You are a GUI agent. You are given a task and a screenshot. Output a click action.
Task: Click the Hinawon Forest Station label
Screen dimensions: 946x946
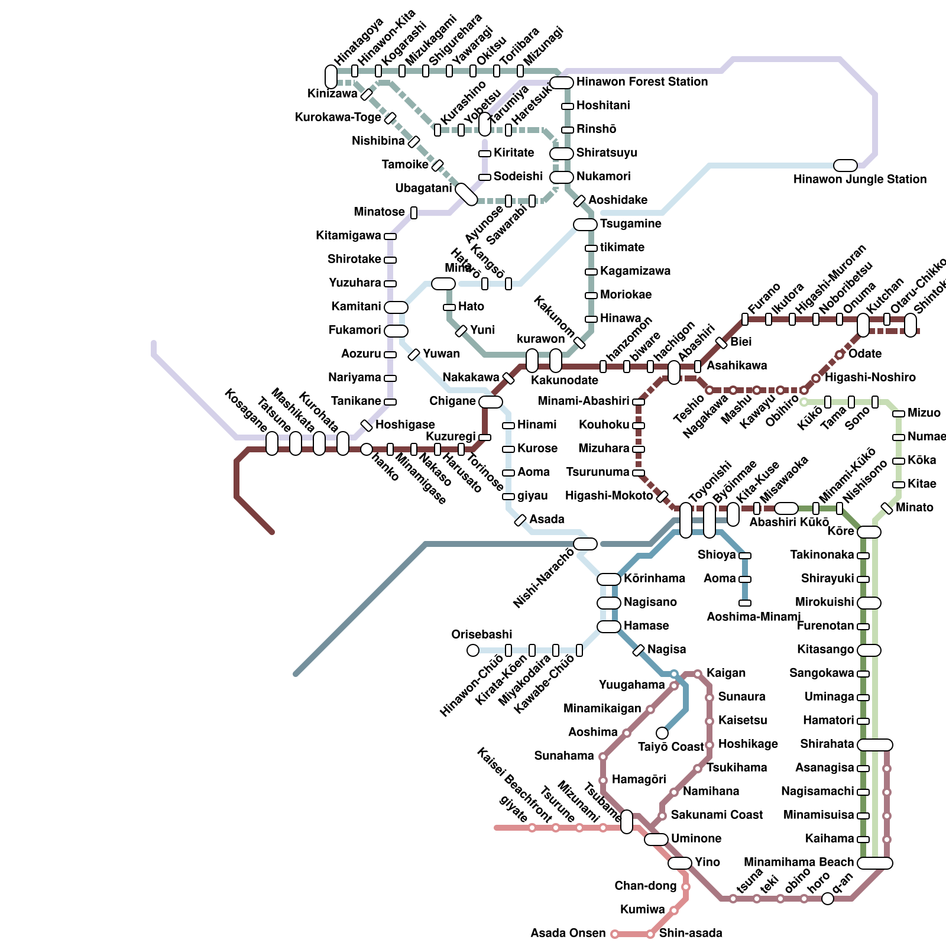tap(642, 82)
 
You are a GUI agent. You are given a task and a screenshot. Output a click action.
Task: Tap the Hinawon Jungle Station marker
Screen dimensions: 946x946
tap(845, 166)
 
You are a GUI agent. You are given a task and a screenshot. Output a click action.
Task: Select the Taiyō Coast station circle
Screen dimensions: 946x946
tap(662, 733)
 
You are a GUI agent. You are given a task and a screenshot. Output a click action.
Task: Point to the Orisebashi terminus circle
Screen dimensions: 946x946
tap(473, 650)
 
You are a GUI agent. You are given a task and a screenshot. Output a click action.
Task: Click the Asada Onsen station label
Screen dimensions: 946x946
tap(568, 933)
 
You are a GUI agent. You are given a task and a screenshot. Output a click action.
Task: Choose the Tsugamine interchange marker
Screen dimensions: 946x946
tap(585, 225)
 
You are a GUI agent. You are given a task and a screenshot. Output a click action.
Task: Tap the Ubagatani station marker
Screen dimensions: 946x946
tap(466, 195)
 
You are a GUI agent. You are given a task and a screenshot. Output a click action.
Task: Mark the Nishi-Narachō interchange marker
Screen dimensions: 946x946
tap(585, 544)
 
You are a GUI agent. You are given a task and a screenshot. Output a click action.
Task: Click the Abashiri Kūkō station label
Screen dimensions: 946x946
tap(789, 522)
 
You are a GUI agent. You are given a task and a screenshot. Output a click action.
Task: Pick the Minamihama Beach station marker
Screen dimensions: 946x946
tap(875, 863)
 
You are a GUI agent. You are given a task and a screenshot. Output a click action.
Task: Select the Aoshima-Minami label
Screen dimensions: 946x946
tap(754, 617)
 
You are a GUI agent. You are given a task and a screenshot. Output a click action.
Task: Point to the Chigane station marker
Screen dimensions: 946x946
tap(491, 402)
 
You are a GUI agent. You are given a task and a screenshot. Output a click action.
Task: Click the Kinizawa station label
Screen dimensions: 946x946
tap(332, 93)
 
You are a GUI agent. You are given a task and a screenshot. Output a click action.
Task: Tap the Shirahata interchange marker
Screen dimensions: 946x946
tap(875, 745)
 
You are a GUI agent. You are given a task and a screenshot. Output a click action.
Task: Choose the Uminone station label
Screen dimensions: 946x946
tap(696, 838)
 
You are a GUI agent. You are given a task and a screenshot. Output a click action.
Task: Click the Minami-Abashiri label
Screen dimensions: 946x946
tap(583, 401)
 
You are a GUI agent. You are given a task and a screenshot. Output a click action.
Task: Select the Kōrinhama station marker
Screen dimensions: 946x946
tap(609, 579)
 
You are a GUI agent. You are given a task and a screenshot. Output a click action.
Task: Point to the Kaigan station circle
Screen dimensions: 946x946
tap(698, 674)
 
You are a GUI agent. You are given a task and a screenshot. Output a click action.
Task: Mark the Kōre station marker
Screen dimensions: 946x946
tap(869, 532)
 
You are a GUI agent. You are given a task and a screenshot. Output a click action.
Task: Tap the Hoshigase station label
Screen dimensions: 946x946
tap(405, 425)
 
